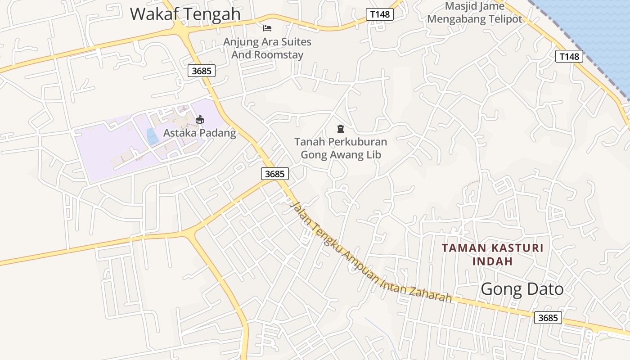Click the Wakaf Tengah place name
click(x=185, y=14)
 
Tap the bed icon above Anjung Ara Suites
click(x=267, y=28)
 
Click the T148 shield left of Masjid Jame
click(x=380, y=14)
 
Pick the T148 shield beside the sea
click(x=569, y=56)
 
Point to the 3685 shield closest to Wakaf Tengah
click(x=202, y=71)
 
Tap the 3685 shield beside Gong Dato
click(x=548, y=318)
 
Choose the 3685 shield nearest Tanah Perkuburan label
click(x=274, y=174)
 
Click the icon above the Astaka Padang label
click(x=200, y=119)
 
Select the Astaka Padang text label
click(x=199, y=133)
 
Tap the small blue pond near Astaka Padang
click(x=153, y=136)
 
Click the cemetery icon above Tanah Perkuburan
click(x=341, y=129)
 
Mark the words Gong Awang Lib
click(x=341, y=155)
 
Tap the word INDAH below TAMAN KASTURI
click(x=492, y=261)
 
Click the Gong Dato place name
click(x=522, y=289)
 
